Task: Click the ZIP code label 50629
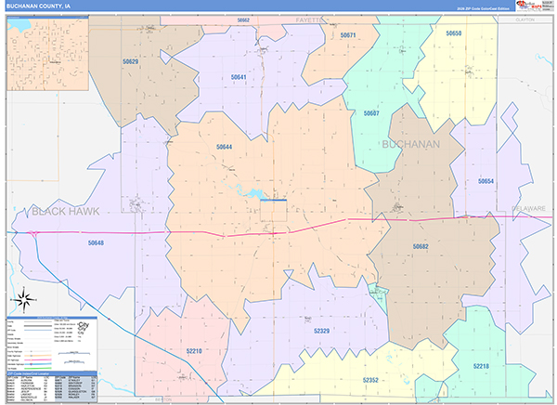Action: click(131, 61)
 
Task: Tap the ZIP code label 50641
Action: click(240, 77)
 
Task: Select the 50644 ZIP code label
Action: click(225, 147)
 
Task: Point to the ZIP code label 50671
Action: click(348, 35)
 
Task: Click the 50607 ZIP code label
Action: click(371, 113)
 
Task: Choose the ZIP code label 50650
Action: click(453, 33)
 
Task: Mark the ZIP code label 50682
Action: click(421, 246)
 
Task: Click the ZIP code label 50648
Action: click(96, 243)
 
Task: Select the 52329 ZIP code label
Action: click(322, 330)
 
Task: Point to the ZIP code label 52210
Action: click(193, 351)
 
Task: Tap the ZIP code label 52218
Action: click(480, 366)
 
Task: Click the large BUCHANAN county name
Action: click(410, 144)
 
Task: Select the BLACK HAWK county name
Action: click(64, 213)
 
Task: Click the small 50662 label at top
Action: click(243, 20)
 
